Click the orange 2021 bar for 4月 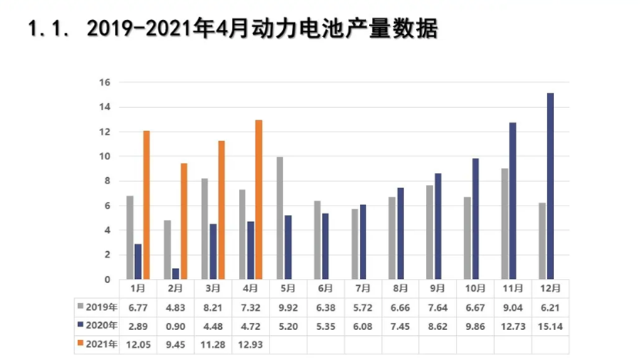[259, 200]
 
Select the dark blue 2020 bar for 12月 [550, 186]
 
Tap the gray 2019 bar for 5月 [279, 218]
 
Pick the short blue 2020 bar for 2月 [176, 274]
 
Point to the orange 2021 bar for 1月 [146, 205]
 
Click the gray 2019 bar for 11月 [504, 224]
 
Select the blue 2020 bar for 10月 [475, 219]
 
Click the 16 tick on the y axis [105, 83]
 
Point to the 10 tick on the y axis [105, 157]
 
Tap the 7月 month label [363, 289]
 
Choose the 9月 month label [437, 289]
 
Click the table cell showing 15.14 [550, 326]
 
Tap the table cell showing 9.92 [288, 307]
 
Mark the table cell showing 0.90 [176, 326]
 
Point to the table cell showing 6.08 [363, 326]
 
